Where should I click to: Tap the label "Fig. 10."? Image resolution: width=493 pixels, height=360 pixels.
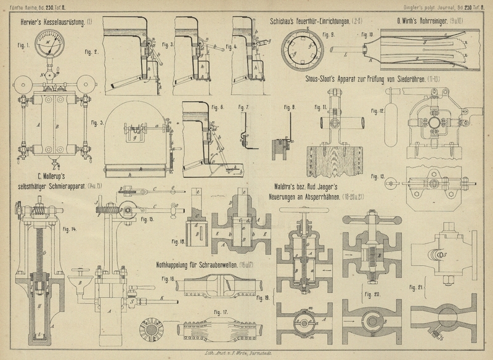[x=368, y=33]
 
